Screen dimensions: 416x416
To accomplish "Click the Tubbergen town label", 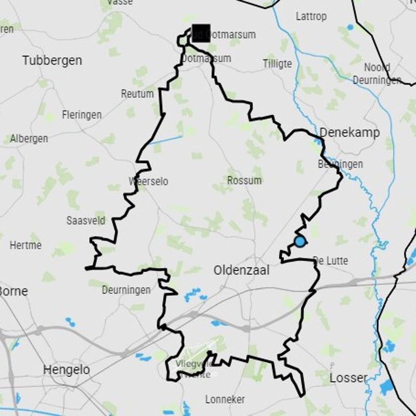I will [x=52, y=60].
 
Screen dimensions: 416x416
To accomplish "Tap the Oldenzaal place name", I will [x=241, y=270].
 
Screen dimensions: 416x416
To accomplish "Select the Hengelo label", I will [x=66, y=370].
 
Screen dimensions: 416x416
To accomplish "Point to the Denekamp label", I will [x=349, y=133].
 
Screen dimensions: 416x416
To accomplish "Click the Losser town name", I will [x=348, y=378].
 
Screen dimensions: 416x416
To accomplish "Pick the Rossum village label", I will [x=244, y=180].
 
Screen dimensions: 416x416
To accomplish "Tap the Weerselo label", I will [x=148, y=181].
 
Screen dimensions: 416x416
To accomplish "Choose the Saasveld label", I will [x=86, y=220].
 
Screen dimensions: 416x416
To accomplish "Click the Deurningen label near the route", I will [x=126, y=290].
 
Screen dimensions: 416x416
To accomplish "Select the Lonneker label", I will [x=225, y=399].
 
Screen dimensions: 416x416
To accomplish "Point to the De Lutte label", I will [x=331, y=261].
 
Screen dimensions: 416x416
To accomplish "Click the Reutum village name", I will [x=137, y=94].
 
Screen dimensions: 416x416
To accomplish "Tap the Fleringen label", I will [x=82, y=115].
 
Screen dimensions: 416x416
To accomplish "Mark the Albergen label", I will [x=29, y=139].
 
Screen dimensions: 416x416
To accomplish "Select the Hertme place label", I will [x=25, y=244].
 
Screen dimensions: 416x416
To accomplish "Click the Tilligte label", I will [x=277, y=64].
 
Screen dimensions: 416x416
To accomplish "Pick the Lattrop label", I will [x=311, y=17].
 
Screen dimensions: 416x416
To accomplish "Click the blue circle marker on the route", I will [x=300, y=241].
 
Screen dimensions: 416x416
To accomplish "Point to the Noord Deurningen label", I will [x=377, y=74].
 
